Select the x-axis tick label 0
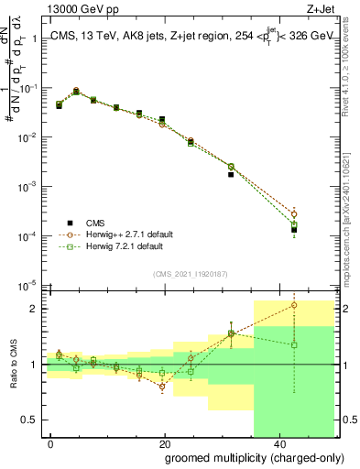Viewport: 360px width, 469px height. [51, 443]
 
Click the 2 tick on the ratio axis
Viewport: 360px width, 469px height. [38, 309]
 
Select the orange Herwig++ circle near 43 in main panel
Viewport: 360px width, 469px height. [294, 213]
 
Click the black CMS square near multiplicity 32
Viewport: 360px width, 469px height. [231, 174]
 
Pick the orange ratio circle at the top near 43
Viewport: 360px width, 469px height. [294, 305]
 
